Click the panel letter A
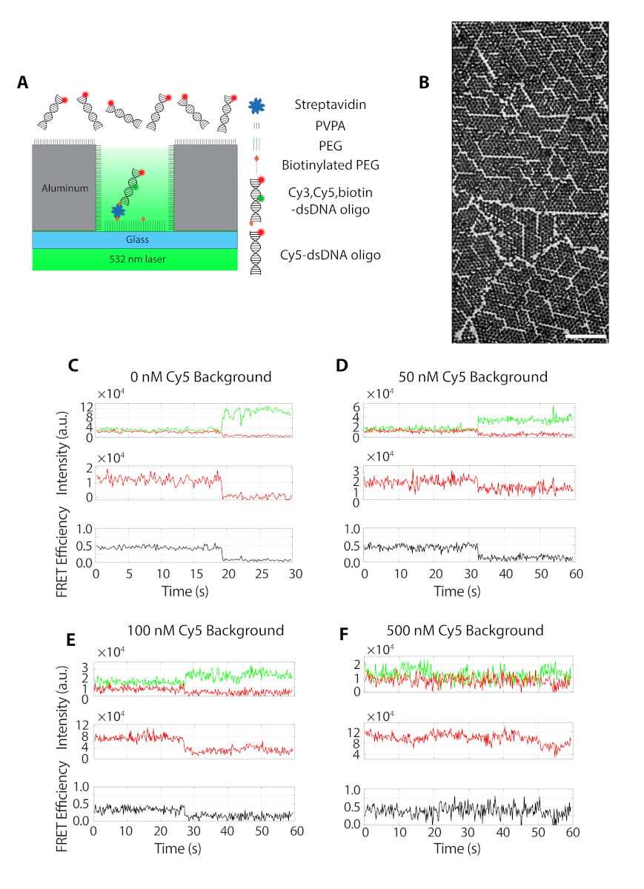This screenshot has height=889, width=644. point(24,83)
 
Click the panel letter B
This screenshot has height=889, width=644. point(425,83)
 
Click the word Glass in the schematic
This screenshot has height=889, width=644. point(134,239)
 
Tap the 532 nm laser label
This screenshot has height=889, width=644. point(135,259)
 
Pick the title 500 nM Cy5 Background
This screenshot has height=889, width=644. point(465,630)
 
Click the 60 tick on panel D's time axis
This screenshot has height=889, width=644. point(573,574)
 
